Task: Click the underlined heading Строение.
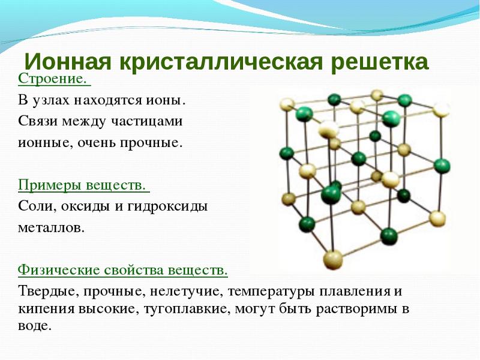point(54,79)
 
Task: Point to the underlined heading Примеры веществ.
point(83,185)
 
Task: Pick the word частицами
point(146,121)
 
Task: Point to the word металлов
point(51,228)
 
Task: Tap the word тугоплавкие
point(187,309)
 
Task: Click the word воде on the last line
point(34,326)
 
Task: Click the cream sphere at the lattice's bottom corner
point(333,260)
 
